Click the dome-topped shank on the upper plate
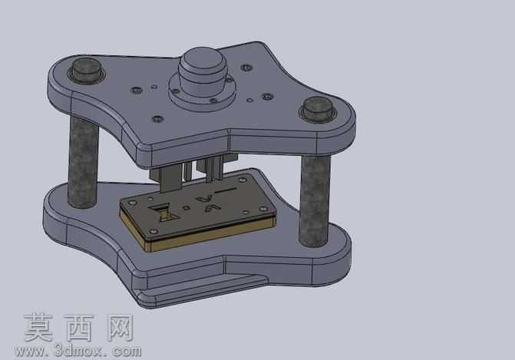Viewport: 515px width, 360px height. pyautogui.click(x=203, y=71)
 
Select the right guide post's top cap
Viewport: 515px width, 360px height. pyautogui.click(x=317, y=107)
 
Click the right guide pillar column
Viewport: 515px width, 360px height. pyautogui.click(x=315, y=201)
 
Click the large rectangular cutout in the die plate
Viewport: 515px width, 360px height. pyautogui.click(x=163, y=213)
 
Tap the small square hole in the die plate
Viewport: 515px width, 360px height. pyautogui.click(x=187, y=207)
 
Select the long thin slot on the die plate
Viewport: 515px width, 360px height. pyautogui.click(x=225, y=190)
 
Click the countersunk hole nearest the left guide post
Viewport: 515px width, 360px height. pyautogui.click(x=137, y=90)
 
